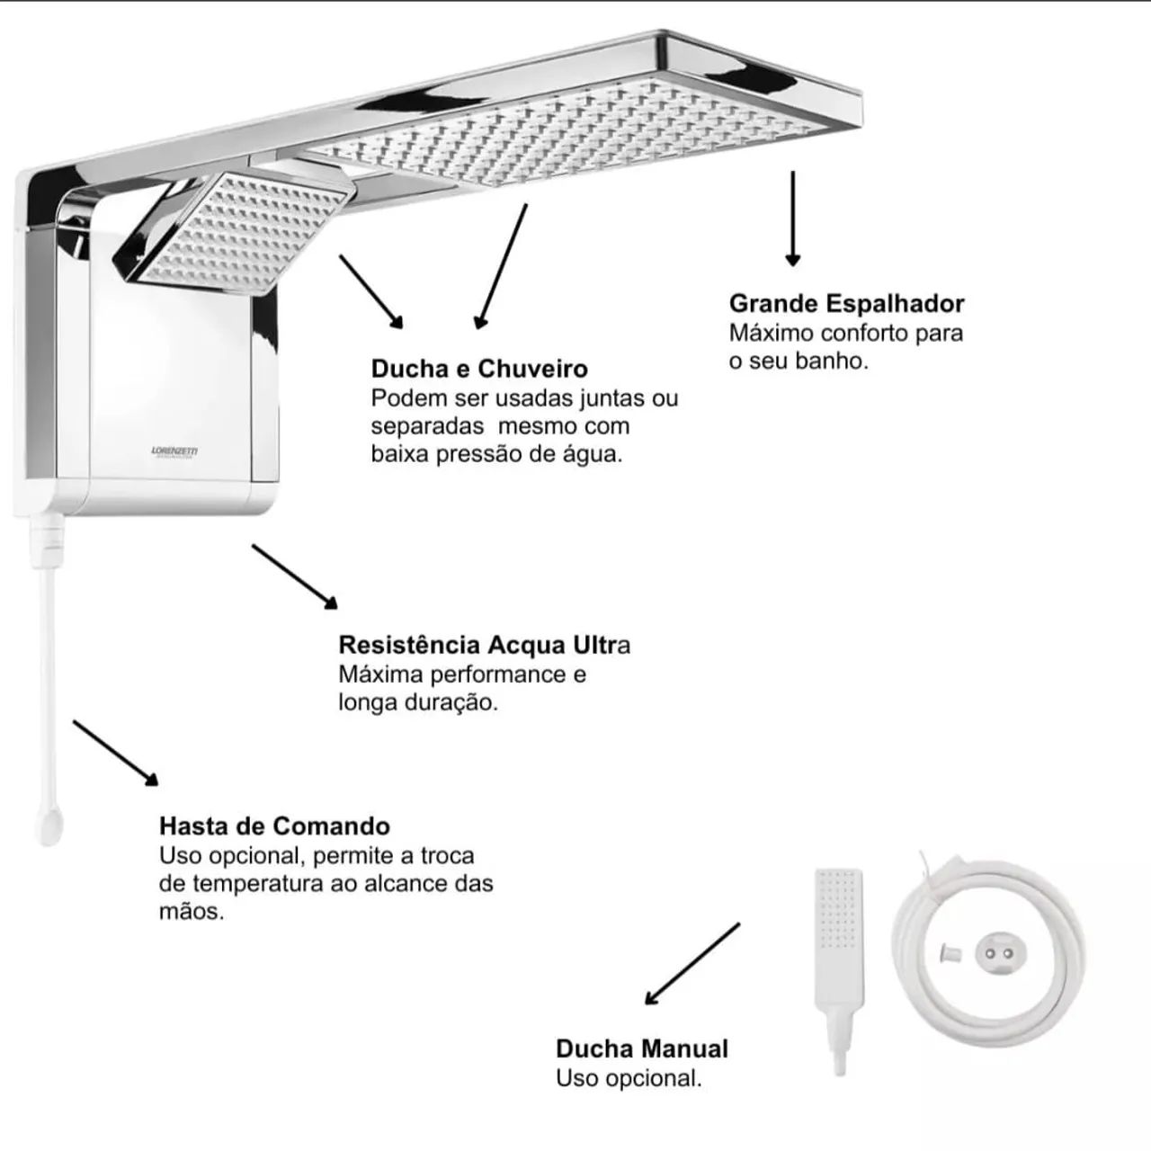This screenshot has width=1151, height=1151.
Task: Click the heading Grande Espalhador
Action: click(x=846, y=303)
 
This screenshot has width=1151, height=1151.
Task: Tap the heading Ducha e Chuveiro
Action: click(x=479, y=369)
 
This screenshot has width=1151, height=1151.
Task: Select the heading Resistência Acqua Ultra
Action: click(x=484, y=645)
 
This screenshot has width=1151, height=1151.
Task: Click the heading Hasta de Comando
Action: click(x=274, y=826)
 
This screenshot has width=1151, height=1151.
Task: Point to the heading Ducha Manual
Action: click(x=641, y=1048)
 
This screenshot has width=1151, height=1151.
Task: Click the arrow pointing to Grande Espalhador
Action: click(x=792, y=218)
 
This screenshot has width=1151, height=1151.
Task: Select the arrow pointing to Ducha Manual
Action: click(x=692, y=963)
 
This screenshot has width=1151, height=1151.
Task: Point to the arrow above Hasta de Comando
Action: click(x=115, y=753)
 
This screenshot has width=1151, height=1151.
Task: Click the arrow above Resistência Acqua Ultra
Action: click(x=294, y=576)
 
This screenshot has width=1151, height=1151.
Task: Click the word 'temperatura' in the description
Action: click(x=255, y=884)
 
